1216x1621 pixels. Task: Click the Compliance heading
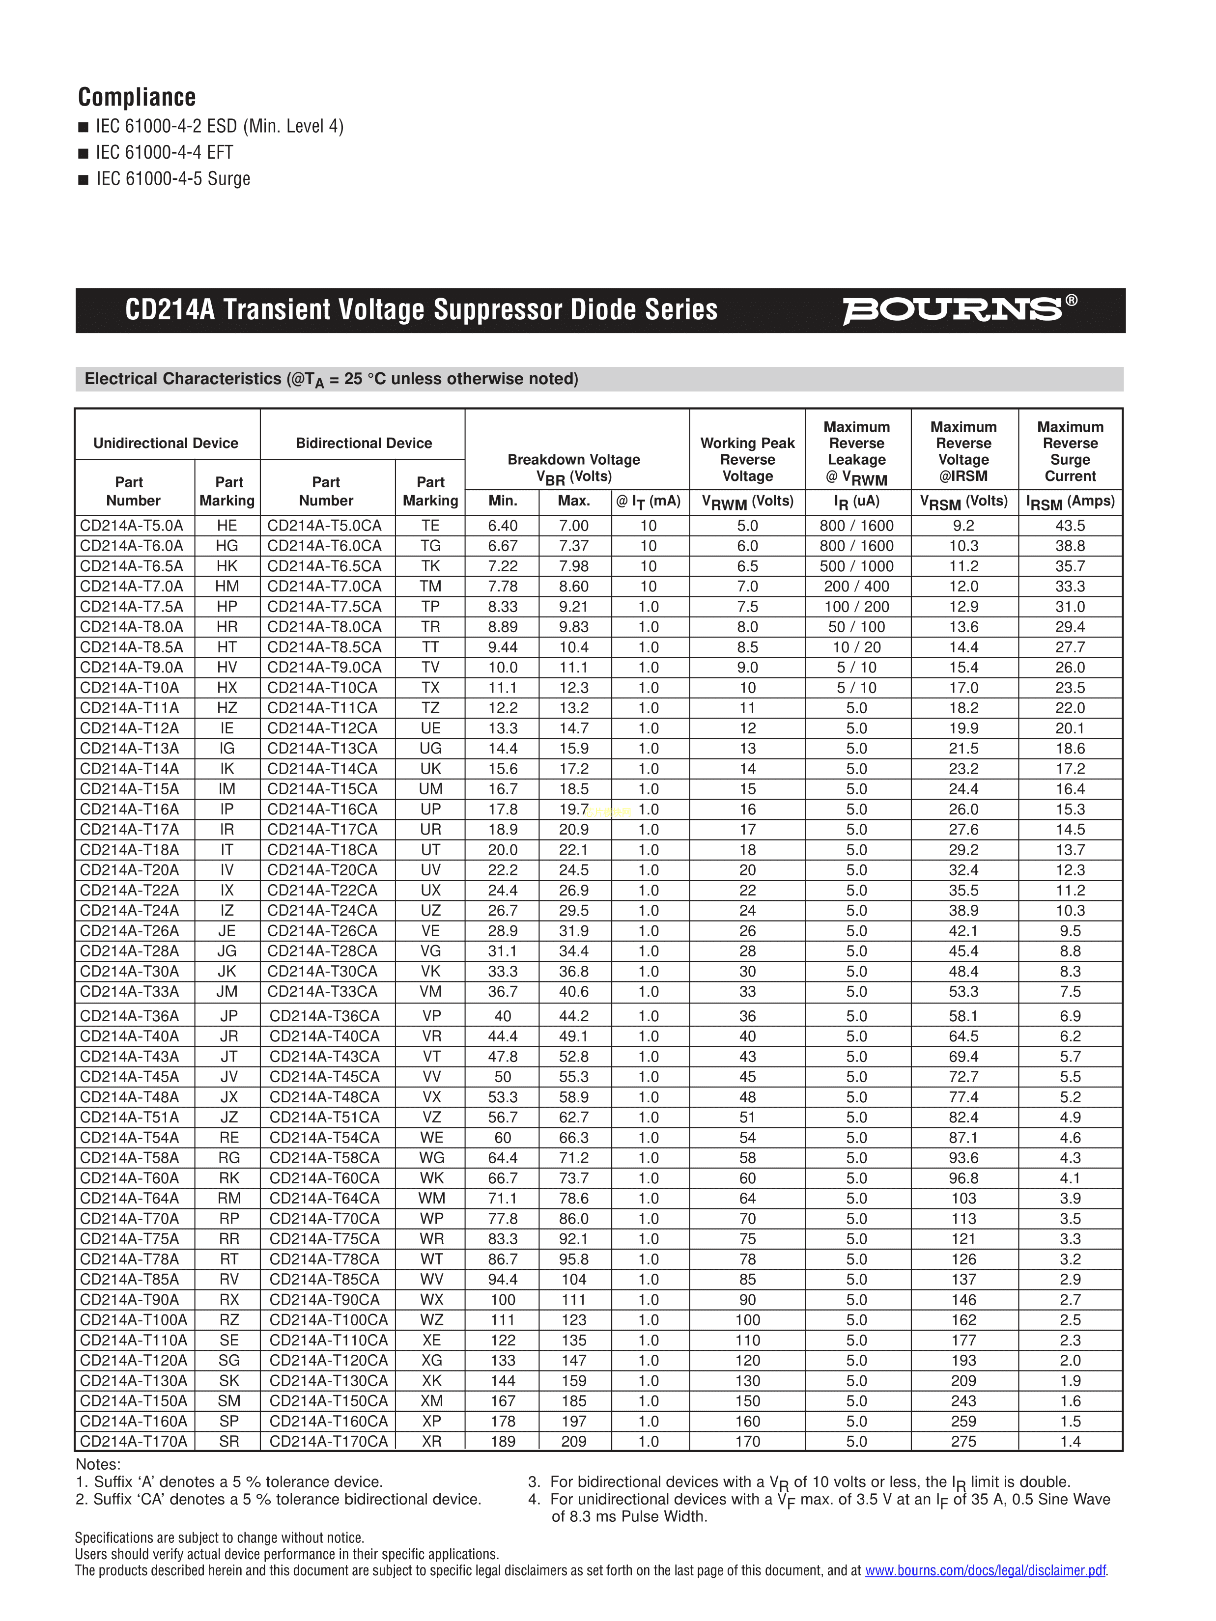pos(137,97)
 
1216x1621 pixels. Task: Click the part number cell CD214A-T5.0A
pos(132,526)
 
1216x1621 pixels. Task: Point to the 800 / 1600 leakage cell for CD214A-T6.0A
pos(856,546)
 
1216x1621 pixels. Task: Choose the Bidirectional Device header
pos(364,444)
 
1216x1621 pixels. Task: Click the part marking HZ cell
pos(227,708)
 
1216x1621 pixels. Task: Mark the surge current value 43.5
pos(1070,526)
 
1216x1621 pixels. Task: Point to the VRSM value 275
pos(963,1441)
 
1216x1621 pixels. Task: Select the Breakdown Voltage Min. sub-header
pos(503,501)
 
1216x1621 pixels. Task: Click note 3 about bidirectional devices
pos(810,1482)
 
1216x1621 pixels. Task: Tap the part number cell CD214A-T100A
pos(134,1320)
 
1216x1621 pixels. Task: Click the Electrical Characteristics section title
pos(331,379)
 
